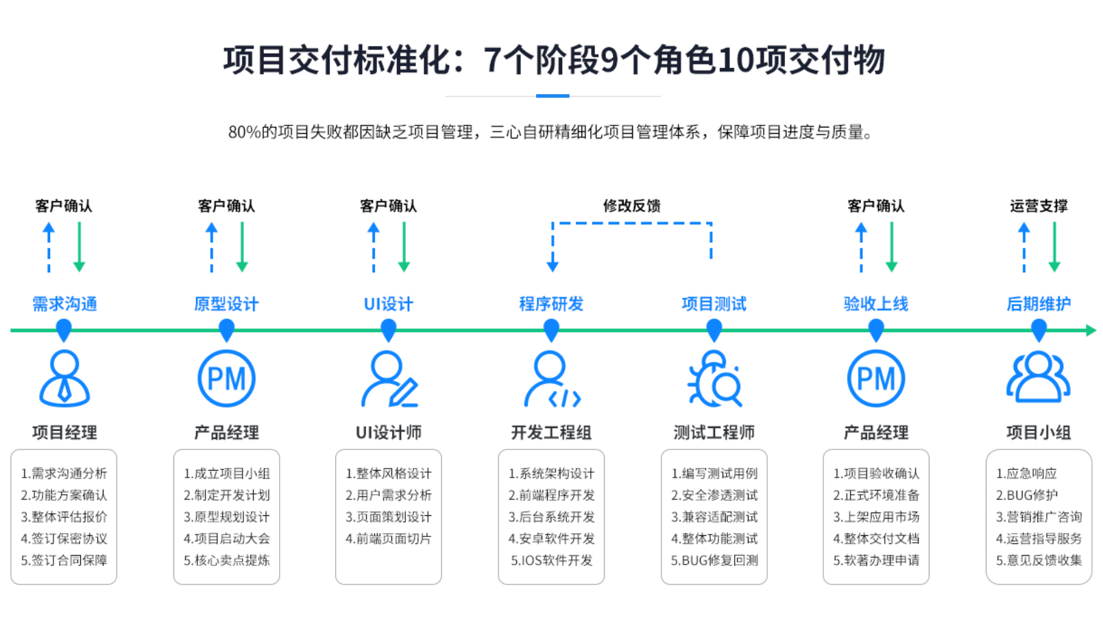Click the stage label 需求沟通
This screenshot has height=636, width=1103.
64,304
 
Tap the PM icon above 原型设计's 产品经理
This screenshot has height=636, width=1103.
226,379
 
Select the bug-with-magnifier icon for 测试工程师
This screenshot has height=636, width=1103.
714,379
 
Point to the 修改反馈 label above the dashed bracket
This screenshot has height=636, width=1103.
631,206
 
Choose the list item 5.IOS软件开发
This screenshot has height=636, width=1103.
551,561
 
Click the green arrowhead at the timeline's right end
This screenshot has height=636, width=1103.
1091,331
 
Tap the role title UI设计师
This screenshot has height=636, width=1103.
389,433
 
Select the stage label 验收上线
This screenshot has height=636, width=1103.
875,304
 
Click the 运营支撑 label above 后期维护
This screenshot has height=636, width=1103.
1039,206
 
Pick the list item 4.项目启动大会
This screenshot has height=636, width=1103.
226,539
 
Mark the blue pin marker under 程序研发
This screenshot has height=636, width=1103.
551,331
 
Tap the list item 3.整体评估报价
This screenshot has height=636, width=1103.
64,517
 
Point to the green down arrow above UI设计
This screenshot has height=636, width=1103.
404,247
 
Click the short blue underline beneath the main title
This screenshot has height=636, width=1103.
553,96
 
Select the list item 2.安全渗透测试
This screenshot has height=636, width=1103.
714,495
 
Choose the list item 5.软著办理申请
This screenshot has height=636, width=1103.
876,561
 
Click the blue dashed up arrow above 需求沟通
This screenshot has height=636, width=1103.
49,247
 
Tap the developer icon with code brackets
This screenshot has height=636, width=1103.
551,379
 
